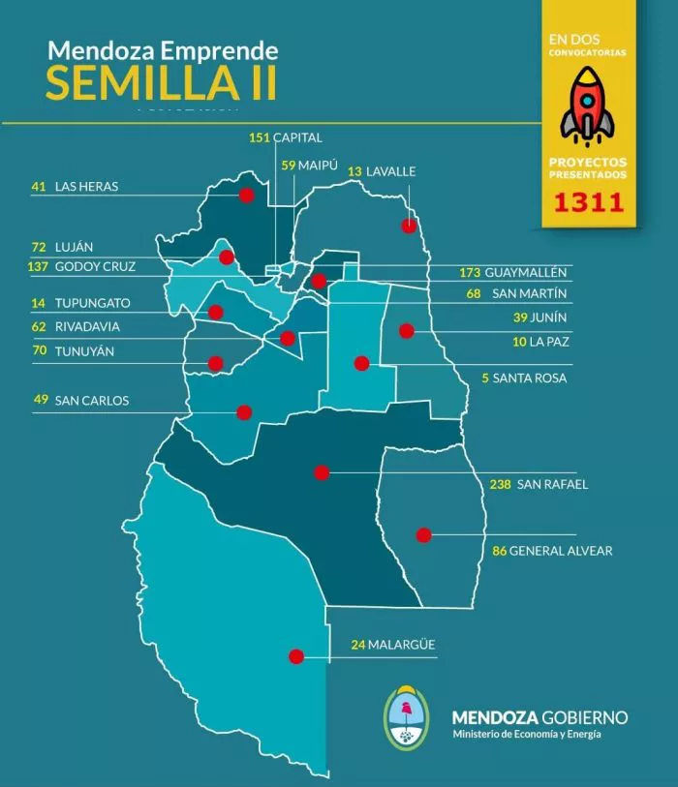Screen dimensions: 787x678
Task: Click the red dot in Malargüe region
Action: tap(296, 656)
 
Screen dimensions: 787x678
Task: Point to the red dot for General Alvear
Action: tap(423, 534)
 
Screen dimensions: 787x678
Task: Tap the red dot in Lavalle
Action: tap(410, 226)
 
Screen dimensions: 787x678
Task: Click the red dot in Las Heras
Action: tap(246, 195)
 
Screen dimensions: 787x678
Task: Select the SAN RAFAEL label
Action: tap(552, 485)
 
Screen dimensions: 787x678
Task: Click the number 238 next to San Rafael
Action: tap(500, 485)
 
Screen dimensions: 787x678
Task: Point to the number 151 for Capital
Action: tap(259, 138)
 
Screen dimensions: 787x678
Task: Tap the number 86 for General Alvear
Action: tap(500, 552)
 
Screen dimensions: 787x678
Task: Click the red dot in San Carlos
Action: tap(244, 412)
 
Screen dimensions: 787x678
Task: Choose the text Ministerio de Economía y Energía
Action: tap(526, 735)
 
